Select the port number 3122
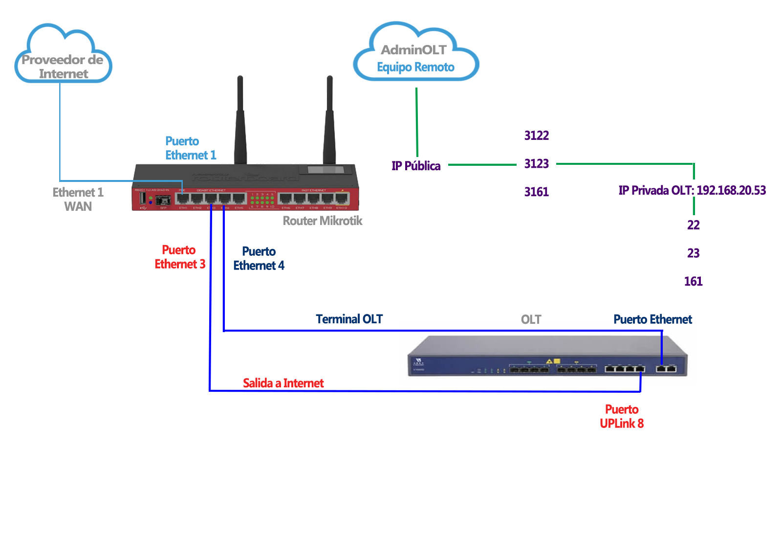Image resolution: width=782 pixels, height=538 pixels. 536,135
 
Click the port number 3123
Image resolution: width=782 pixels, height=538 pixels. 536,164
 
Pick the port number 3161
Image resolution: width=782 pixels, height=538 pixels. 536,192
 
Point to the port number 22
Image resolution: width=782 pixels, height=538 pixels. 693,225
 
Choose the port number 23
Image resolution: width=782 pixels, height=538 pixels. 693,253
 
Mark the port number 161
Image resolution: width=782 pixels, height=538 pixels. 693,281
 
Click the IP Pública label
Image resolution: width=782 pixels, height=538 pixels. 416,166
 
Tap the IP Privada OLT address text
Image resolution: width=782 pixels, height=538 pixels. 692,190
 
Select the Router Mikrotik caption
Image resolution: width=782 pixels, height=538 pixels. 323,221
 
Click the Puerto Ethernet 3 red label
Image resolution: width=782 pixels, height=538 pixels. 179,257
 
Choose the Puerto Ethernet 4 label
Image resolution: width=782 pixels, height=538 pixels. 259,259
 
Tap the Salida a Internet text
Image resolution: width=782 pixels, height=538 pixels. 283,383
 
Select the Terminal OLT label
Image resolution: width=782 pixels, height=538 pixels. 349,319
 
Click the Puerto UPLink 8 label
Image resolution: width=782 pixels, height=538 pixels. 622,417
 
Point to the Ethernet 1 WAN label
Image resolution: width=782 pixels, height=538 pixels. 78,199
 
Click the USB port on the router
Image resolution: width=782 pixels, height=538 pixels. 143,198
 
